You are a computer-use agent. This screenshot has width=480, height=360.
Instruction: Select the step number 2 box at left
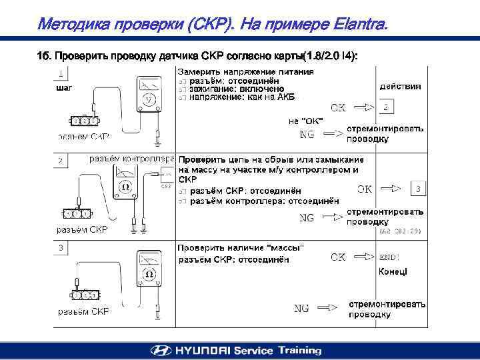pyautogui.click(x=61, y=161)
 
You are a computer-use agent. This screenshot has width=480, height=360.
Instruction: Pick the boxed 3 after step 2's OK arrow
pyautogui.click(x=417, y=189)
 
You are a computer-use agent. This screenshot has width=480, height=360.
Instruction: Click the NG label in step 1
pyautogui.click(x=307, y=134)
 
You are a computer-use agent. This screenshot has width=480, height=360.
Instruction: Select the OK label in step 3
pyautogui.click(x=338, y=257)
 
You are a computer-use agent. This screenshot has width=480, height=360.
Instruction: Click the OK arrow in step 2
pyautogui.click(x=391, y=189)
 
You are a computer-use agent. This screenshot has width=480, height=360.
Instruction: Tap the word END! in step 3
pyautogui.click(x=389, y=257)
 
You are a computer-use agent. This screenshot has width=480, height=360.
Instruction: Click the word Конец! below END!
pyautogui.click(x=393, y=271)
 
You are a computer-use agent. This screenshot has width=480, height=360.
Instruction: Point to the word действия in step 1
pyautogui.click(x=400, y=87)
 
